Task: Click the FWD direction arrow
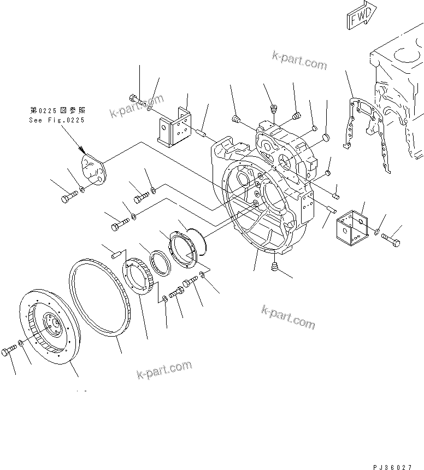(361, 15)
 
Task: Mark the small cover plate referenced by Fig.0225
(93, 171)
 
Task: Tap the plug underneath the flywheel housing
(276, 267)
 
